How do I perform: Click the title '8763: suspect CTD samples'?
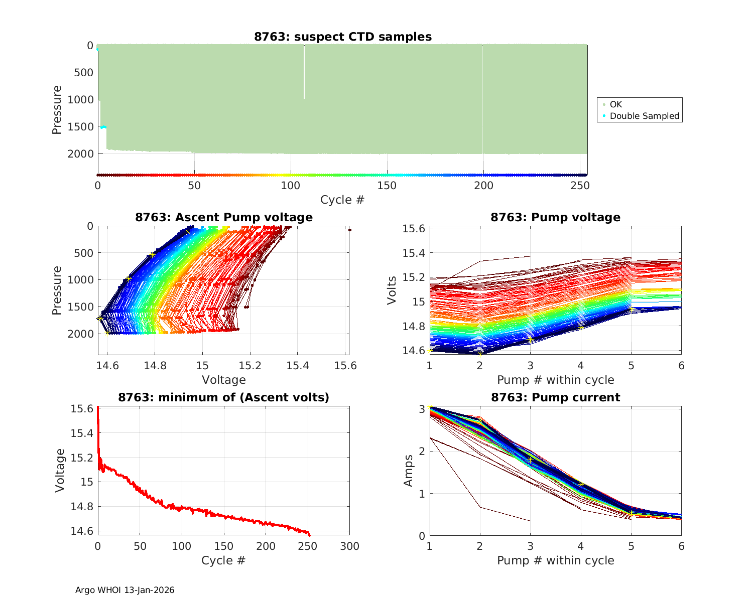pyautogui.click(x=343, y=37)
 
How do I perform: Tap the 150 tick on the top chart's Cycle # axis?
pyautogui.click(x=387, y=186)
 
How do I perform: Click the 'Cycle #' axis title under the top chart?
pyautogui.click(x=342, y=200)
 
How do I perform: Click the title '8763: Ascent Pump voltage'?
pyautogui.click(x=224, y=217)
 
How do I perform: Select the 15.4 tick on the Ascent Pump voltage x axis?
pyautogui.click(x=298, y=366)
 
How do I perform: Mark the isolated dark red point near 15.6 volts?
pyautogui.click(x=349, y=230)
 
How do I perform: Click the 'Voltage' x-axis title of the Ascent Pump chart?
pyautogui.click(x=224, y=380)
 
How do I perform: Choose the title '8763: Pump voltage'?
pyautogui.click(x=555, y=217)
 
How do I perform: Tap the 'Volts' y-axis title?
pyautogui.click(x=392, y=290)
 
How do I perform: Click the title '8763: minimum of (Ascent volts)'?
pyautogui.click(x=224, y=397)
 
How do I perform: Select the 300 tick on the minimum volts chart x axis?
pyautogui.click(x=349, y=546)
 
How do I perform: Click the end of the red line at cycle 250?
pyautogui.click(x=309, y=535)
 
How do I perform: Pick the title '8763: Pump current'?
pyautogui.click(x=555, y=397)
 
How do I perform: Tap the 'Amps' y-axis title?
pyautogui.click(x=409, y=470)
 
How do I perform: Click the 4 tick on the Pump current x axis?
pyautogui.click(x=581, y=546)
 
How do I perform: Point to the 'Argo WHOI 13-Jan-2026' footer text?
pyautogui.click(x=124, y=590)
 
